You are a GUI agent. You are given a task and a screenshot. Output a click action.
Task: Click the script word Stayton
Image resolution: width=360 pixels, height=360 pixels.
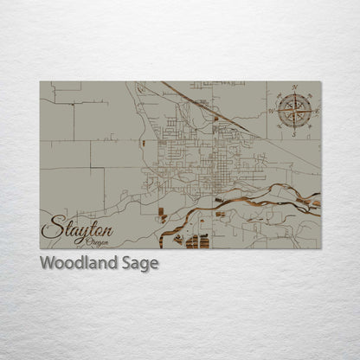77,229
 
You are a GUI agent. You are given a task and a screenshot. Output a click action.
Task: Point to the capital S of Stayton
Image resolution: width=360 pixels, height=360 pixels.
50,229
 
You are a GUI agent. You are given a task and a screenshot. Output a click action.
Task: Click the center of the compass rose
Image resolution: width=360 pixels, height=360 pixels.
294,111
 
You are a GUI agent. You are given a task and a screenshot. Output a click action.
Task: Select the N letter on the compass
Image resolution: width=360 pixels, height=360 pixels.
294,87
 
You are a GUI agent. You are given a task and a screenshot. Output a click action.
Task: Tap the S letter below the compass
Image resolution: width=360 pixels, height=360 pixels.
294,135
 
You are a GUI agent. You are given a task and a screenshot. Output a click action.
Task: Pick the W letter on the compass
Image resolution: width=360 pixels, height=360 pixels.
271,112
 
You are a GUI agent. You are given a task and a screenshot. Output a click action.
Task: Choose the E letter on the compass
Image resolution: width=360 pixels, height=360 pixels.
317,112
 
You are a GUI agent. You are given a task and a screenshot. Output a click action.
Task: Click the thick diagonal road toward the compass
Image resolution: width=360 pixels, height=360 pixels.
208,107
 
